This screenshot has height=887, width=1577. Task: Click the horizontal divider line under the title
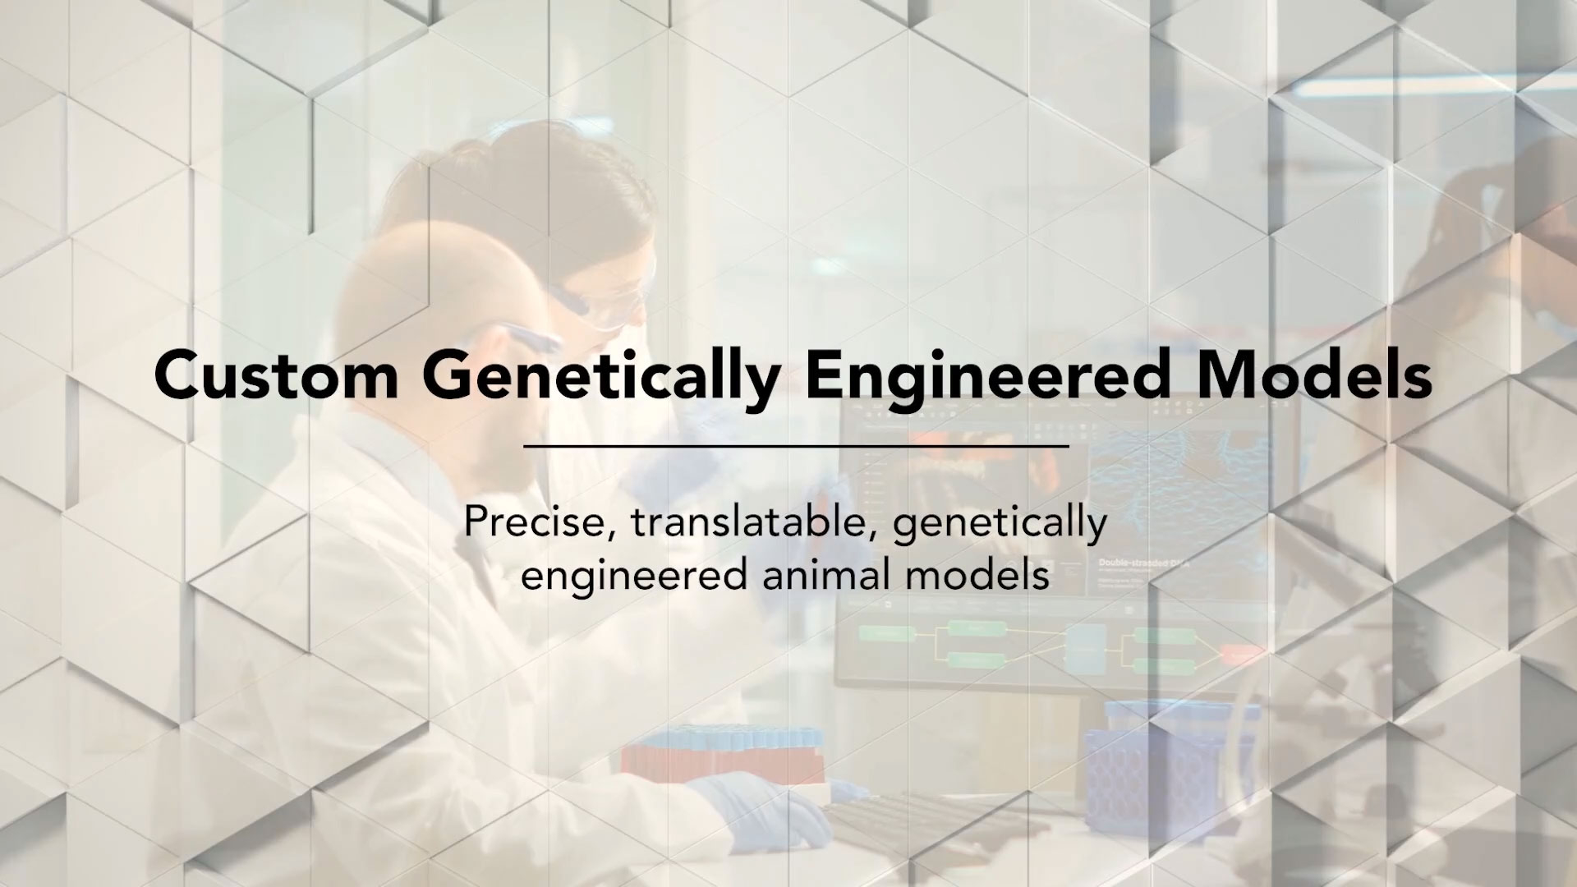tap(796, 446)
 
